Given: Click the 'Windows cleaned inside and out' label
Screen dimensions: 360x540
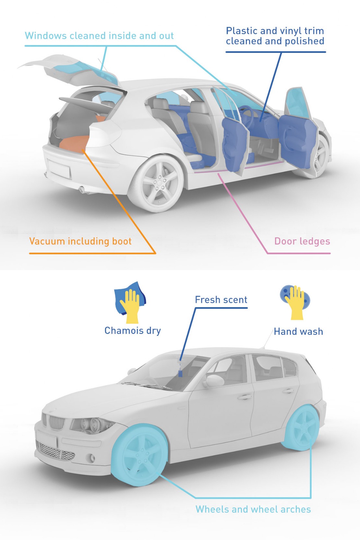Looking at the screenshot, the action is [x=99, y=36].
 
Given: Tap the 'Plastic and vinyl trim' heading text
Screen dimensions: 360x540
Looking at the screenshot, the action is [x=275, y=31].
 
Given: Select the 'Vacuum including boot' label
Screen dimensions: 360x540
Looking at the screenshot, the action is [x=80, y=241].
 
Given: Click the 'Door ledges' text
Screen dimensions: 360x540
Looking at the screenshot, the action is [x=302, y=241].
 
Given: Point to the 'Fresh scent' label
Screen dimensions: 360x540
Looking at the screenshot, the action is [x=221, y=300].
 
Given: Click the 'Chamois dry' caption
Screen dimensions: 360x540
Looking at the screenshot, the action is [x=133, y=331].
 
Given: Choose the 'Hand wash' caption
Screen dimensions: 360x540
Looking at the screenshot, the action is [x=298, y=331].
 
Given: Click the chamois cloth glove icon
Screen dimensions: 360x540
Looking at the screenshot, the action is [x=130, y=302].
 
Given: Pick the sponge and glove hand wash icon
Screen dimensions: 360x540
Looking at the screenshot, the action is [x=295, y=302].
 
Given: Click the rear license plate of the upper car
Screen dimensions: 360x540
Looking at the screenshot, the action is [x=59, y=169].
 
